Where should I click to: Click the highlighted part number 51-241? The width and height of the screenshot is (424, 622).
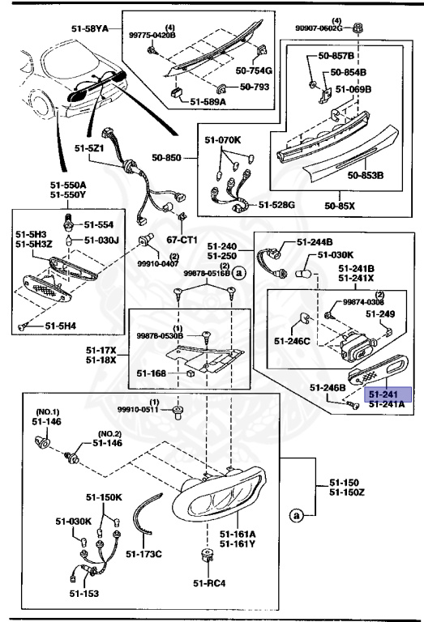387,394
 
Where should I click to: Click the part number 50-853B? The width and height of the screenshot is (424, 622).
366,174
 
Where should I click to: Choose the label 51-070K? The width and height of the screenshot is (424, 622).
222,141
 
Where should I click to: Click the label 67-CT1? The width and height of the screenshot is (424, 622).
184,240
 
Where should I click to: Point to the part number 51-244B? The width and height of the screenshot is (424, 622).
315,241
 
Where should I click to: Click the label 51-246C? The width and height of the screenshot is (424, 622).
291,341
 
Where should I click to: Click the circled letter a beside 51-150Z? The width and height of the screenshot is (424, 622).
296,514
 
